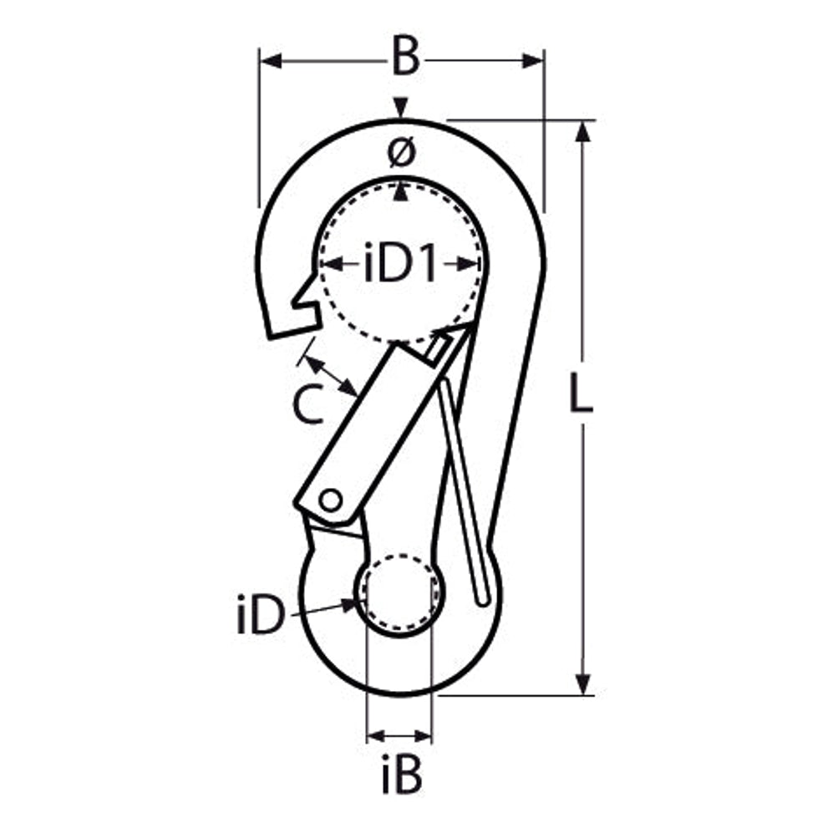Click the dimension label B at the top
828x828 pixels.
[x=405, y=56]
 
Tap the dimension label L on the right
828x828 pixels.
[x=581, y=393]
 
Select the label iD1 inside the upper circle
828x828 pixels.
[x=401, y=262]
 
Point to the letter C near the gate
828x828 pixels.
[x=309, y=404]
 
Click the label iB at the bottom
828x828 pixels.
[x=402, y=775]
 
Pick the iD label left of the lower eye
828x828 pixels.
[x=261, y=615]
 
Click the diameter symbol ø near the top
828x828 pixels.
[x=401, y=152]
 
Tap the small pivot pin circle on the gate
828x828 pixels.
[x=331, y=500]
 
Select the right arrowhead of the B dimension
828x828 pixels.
[x=532, y=61]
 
